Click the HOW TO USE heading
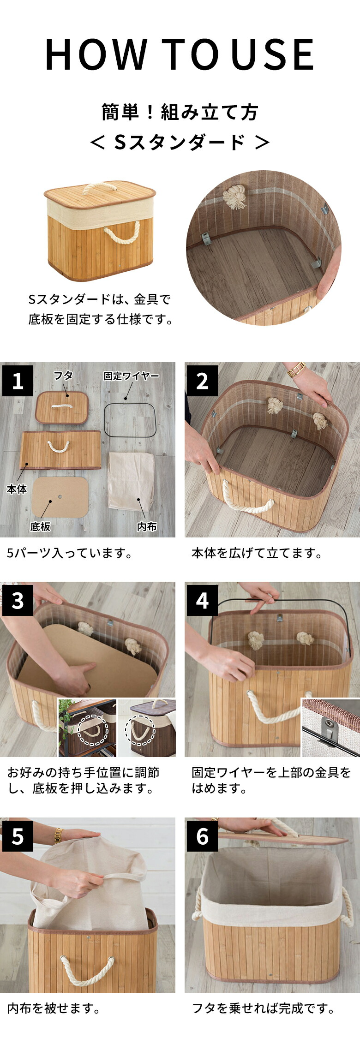point(180,54)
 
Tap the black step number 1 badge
point(18,381)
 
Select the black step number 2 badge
point(202,381)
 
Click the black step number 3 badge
point(18,601)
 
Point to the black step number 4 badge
point(202,601)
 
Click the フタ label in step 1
point(63,376)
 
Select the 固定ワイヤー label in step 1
point(132,376)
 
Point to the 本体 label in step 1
point(17,489)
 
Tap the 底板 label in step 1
point(40,526)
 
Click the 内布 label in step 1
point(147,526)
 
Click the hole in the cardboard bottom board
point(61,497)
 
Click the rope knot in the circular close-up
point(234,198)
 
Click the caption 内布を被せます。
point(54,1008)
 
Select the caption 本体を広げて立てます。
point(257,553)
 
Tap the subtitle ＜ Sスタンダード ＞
point(180,143)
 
